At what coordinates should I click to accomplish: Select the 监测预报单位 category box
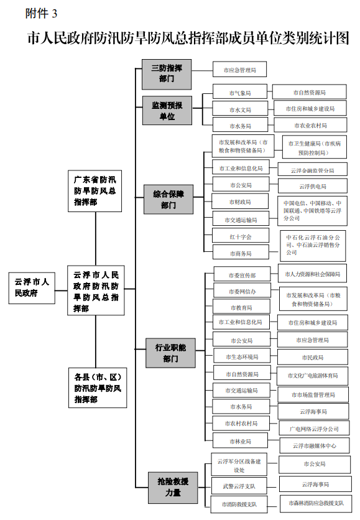point(167,110)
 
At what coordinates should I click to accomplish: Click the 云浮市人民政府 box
point(32,287)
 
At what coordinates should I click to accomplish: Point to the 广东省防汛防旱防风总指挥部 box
point(95,190)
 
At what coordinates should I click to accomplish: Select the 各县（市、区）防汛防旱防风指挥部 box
point(95,388)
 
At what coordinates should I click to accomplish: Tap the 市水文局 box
point(239,109)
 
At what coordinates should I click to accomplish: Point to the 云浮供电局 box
point(313,185)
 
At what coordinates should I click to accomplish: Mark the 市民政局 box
point(313,358)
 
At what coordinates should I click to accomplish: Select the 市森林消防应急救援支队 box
point(315,502)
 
